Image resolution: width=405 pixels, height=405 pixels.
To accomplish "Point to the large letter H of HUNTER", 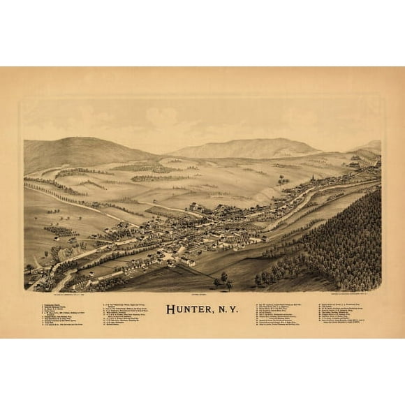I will [x=170, y=308].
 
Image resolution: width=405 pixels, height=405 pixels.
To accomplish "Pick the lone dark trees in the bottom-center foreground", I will [x=223, y=280].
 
